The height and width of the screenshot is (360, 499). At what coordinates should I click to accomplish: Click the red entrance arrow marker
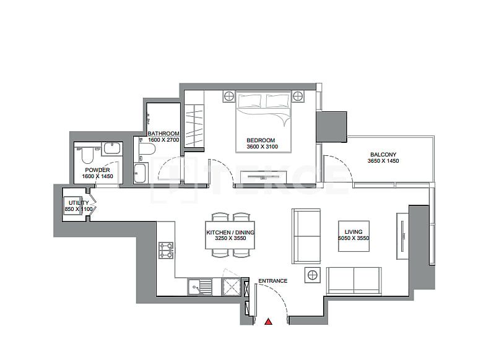pos(268,322)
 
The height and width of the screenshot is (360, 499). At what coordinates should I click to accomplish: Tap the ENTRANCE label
pos(272,281)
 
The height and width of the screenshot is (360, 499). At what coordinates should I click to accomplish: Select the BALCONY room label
pos(383,155)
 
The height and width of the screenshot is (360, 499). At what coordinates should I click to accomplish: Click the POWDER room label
pos(97,170)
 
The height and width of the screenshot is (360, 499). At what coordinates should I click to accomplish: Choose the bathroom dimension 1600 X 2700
pos(163,140)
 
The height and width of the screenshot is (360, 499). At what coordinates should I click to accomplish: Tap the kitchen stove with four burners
pos(166,250)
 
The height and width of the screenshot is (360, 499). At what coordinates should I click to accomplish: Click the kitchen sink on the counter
pos(197,286)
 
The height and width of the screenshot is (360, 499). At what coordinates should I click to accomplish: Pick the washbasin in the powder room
pos(112,148)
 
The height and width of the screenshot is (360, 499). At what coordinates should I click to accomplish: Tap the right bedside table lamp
pos(298,96)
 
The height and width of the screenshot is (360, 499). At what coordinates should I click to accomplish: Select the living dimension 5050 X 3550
pos(354,238)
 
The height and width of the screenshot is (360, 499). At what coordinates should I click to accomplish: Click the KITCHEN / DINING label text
pos(230,233)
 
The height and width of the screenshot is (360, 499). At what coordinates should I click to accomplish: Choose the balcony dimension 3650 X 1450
pos(383,161)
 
